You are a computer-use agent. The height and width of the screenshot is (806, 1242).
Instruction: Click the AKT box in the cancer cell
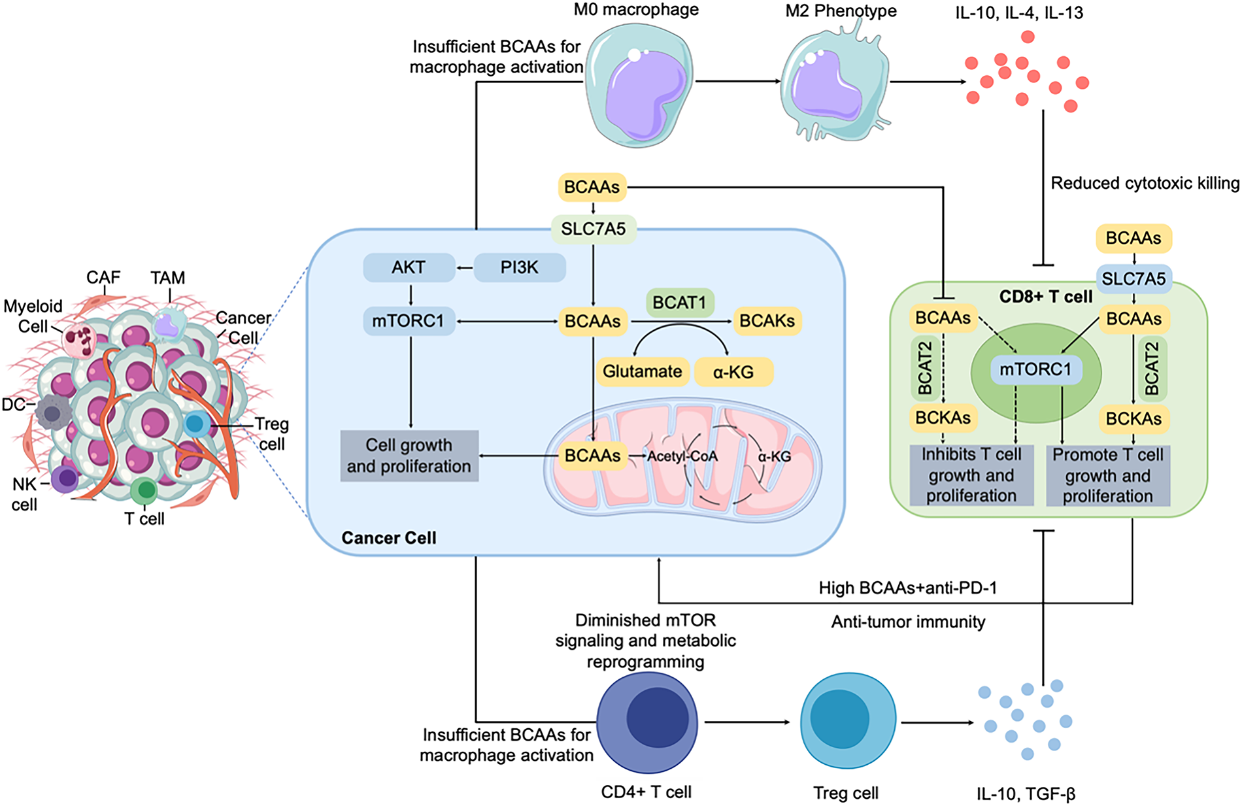(409, 267)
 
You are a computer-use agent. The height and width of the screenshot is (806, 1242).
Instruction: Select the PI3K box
(519, 267)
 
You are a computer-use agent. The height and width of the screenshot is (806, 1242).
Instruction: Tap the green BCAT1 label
(679, 303)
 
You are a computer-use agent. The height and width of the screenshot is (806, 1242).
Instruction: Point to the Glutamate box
(642, 371)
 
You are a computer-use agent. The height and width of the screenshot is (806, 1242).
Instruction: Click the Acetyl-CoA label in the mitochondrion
(682, 456)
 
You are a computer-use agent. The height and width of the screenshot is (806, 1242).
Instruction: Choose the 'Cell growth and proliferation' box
(409, 456)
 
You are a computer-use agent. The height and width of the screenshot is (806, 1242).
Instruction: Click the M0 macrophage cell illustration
(639, 82)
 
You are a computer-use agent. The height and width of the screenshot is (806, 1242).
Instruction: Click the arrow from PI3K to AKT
(465, 268)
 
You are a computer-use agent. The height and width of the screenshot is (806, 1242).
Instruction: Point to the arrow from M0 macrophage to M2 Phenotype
(738, 82)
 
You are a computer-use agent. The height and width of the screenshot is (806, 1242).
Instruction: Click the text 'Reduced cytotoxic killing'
(1145, 184)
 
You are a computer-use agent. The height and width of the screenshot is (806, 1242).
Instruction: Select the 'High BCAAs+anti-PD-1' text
(907, 588)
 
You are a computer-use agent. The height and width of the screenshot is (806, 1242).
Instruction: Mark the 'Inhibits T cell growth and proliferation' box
(971, 475)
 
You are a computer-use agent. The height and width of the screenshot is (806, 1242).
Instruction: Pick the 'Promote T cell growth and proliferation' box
(1107, 475)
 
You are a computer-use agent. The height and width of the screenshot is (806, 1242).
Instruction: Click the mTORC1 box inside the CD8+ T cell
(1035, 370)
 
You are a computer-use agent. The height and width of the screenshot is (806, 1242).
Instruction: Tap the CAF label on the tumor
(103, 278)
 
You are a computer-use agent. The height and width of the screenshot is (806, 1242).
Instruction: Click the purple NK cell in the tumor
(65, 479)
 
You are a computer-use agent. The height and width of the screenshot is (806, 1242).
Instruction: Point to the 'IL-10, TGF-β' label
(1026, 794)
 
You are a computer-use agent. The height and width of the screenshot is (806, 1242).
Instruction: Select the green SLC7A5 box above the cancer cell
(593, 229)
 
